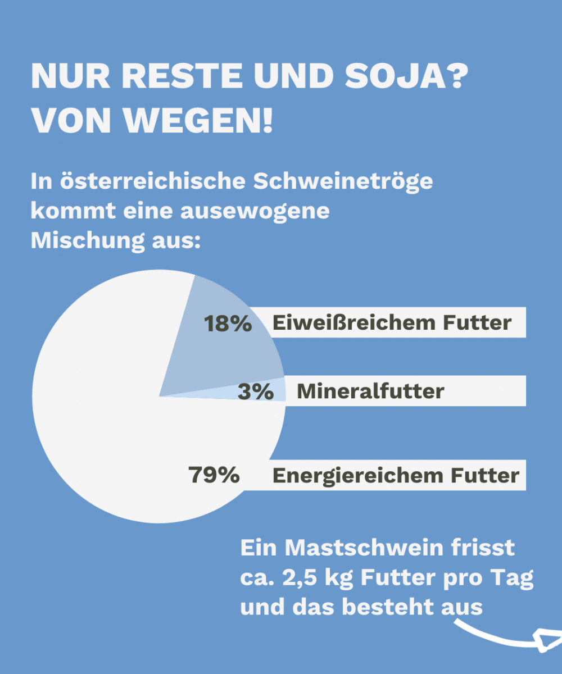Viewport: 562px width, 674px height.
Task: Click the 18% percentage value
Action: tap(228, 324)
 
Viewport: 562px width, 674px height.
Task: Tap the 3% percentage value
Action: tap(255, 391)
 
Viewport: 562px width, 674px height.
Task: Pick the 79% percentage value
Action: tap(214, 475)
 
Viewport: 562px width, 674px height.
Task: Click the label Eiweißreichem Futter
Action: tap(392, 323)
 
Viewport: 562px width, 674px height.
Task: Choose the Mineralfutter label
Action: tap(370, 391)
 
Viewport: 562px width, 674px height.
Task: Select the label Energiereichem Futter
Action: tap(396, 476)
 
